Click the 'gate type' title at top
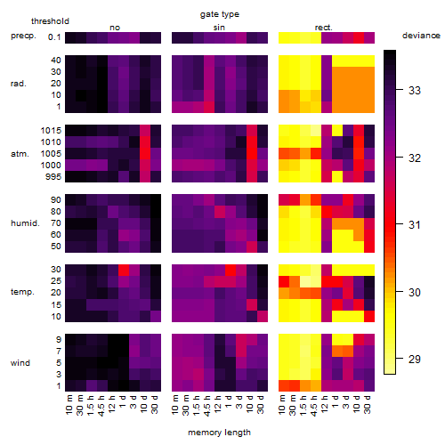pyautogui.click(x=220, y=14)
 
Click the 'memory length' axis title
pyautogui.click(x=219, y=433)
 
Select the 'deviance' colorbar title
pyautogui.click(x=421, y=36)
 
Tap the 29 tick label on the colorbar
pyautogui.click(x=415, y=360)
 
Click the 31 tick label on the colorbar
pyautogui.click(x=415, y=224)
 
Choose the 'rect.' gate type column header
pyautogui.click(x=323, y=28)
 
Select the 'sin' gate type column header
pyautogui.click(x=219, y=28)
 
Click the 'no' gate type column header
pyautogui.click(x=115, y=28)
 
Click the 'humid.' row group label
pyautogui.click(x=25, y=223)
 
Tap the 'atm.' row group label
pyautogui.click(x=20, y=154)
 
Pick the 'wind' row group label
pyautogui.click(x=20, y=363)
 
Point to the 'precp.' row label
pyautogui.click(x=23, y=36)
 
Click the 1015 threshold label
pyautogui.click(x=51, y=131)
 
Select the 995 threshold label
pyautogui.click(x=53, y=177)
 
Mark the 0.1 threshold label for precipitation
pyautogui.click(x=54, y=37)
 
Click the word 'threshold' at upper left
pyautogui.click(x=50, y=21)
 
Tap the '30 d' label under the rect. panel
pyautogui.click(x=368, y=404)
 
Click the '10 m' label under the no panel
pyautogui.click(x=69, y=405)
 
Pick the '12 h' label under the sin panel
pyautogui.click(x=218, y=404)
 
